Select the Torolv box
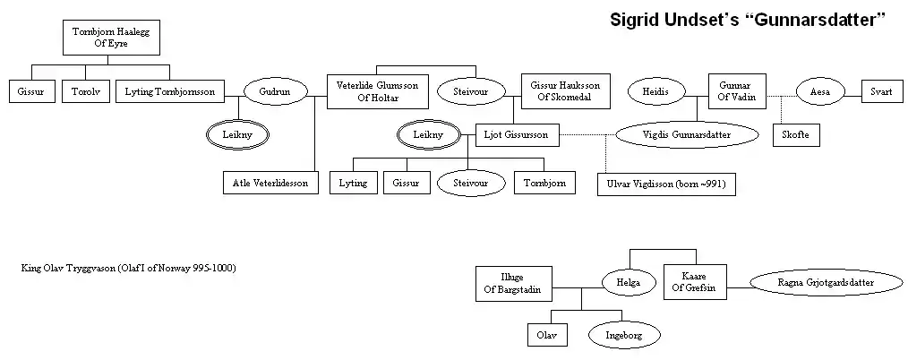tap(83, 92)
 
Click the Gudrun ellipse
tap(275, 92)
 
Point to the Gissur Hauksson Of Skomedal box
tap(564, 92)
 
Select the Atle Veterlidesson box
tap(270, 183)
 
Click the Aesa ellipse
tap(819, 92)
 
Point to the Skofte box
tap(795, 135)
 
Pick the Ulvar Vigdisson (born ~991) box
tap(667, 184)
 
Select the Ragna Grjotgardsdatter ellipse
tap(825, 283)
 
